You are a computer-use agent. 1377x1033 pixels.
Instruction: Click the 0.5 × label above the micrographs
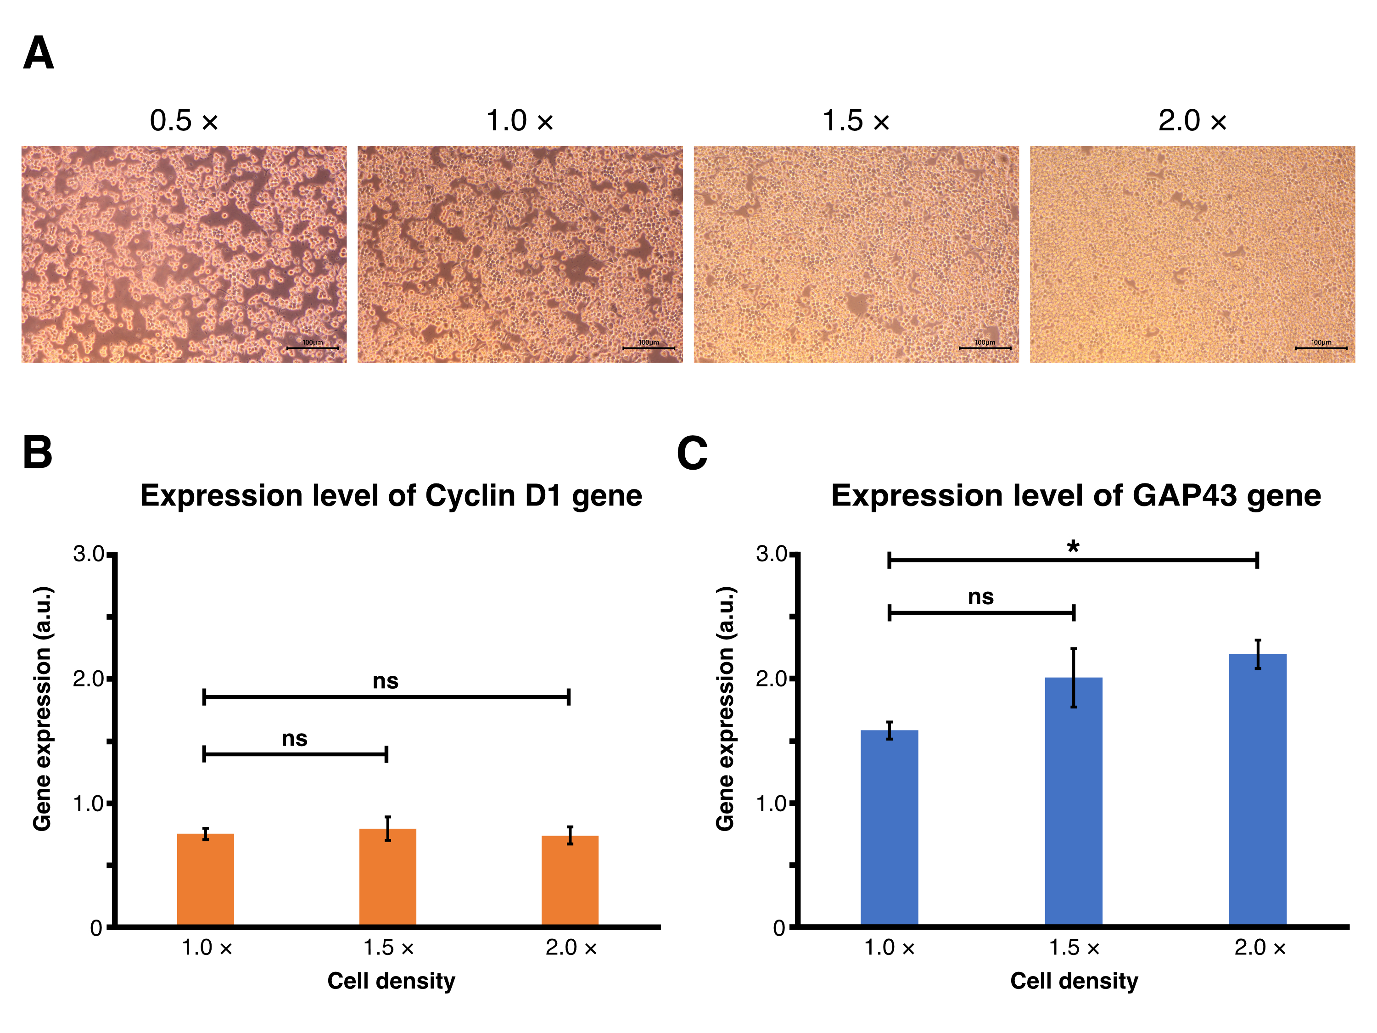(184, 120)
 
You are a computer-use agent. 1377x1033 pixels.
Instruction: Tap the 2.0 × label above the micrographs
(1192, 120)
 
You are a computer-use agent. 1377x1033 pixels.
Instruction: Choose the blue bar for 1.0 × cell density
(889, 828)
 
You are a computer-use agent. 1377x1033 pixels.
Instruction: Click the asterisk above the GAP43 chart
(1073, 547)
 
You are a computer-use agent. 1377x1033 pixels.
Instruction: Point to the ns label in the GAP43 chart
(980, 597)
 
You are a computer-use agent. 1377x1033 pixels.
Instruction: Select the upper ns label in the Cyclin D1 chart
(386, 680)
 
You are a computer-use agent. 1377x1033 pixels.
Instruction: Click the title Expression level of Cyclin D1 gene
(391, 496)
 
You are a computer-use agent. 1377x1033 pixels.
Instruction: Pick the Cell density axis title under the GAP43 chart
(1074, 981)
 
